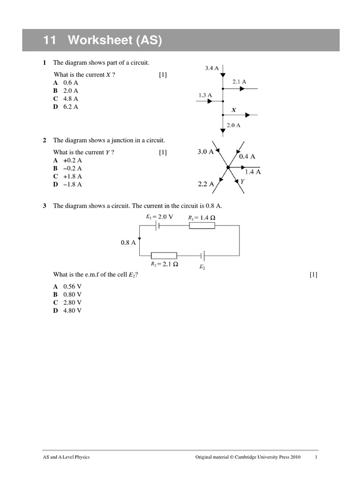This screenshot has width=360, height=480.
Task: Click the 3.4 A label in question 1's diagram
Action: pyautogui.click(x=212, y=68)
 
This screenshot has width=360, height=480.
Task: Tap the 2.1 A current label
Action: pyautogui.click(x=239, y=82)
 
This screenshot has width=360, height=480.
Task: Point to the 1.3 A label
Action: pyautogui.click(x=205, y=95)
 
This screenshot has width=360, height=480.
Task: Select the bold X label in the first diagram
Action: pyautogui.click(x=234, y=110)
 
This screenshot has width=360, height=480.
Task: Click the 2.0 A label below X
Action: pyautogui.click(x=233, y=125)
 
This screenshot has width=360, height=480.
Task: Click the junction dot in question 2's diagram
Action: pyautogui.click(x=228, y=167)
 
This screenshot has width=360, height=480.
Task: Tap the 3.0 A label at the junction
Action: pyautogui.click(x=205, y=152)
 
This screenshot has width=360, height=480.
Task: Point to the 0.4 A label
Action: pyautogui.click(x=247, y=157)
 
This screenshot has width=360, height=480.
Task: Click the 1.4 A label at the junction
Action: pyautogui.click(x=253, y=172)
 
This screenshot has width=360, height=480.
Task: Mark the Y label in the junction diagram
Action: pyautogui.click(x=242, y=180)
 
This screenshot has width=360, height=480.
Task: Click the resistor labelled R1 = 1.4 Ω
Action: pyautogui.click(x=202, y=225)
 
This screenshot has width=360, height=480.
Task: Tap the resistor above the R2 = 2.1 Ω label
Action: pyautogui.click(x=164, y=255)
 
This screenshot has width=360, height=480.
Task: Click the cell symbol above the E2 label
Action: pyautogui.click(x=202, y=255)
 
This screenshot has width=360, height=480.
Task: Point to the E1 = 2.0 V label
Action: pyautogui.click(x=159, y=217)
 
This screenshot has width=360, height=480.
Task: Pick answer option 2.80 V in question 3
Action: pyautogui.click(x=72, y=302)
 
